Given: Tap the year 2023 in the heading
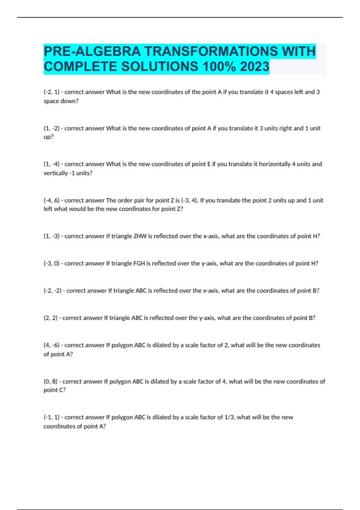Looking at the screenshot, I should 255,67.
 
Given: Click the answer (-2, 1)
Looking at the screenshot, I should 52,92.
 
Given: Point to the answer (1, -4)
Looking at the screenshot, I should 52,164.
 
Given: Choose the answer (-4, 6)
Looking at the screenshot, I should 52,200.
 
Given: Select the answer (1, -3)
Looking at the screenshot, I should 52,236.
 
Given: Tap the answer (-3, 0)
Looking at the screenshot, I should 52,263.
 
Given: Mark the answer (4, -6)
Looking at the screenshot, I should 52,345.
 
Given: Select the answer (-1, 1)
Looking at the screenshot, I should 52,417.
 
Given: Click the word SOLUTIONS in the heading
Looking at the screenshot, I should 160,67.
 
